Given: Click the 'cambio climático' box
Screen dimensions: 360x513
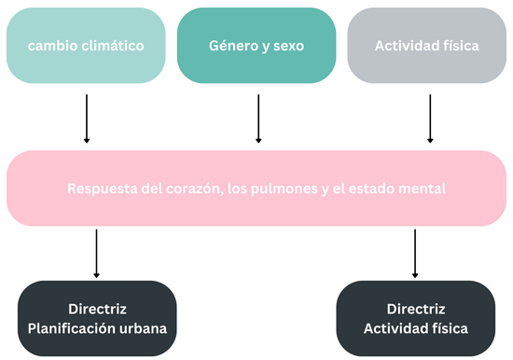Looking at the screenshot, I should coord(86,45).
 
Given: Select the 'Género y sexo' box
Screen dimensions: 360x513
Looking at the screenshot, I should coord(256,45).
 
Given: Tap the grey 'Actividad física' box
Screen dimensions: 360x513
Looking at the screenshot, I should coord(428,45).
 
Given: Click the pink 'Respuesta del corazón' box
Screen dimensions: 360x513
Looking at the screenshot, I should coord(256,187).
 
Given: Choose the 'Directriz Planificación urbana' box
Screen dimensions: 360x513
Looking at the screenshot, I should coord(97,318).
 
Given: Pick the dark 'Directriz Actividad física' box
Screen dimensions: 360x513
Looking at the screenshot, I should coord(415,318).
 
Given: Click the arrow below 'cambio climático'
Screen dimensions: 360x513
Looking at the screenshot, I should coord(87,118).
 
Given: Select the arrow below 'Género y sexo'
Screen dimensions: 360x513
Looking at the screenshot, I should coord(258,118).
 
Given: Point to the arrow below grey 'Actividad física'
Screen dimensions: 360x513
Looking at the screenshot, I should coord(430,118).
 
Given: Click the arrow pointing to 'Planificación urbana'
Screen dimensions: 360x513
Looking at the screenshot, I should coord(97,253).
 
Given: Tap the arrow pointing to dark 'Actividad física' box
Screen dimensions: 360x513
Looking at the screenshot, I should coord(415,253).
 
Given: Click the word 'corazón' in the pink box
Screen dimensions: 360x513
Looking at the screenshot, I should coord(186,188).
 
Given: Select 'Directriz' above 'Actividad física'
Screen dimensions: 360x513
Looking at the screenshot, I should coord(415,309).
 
